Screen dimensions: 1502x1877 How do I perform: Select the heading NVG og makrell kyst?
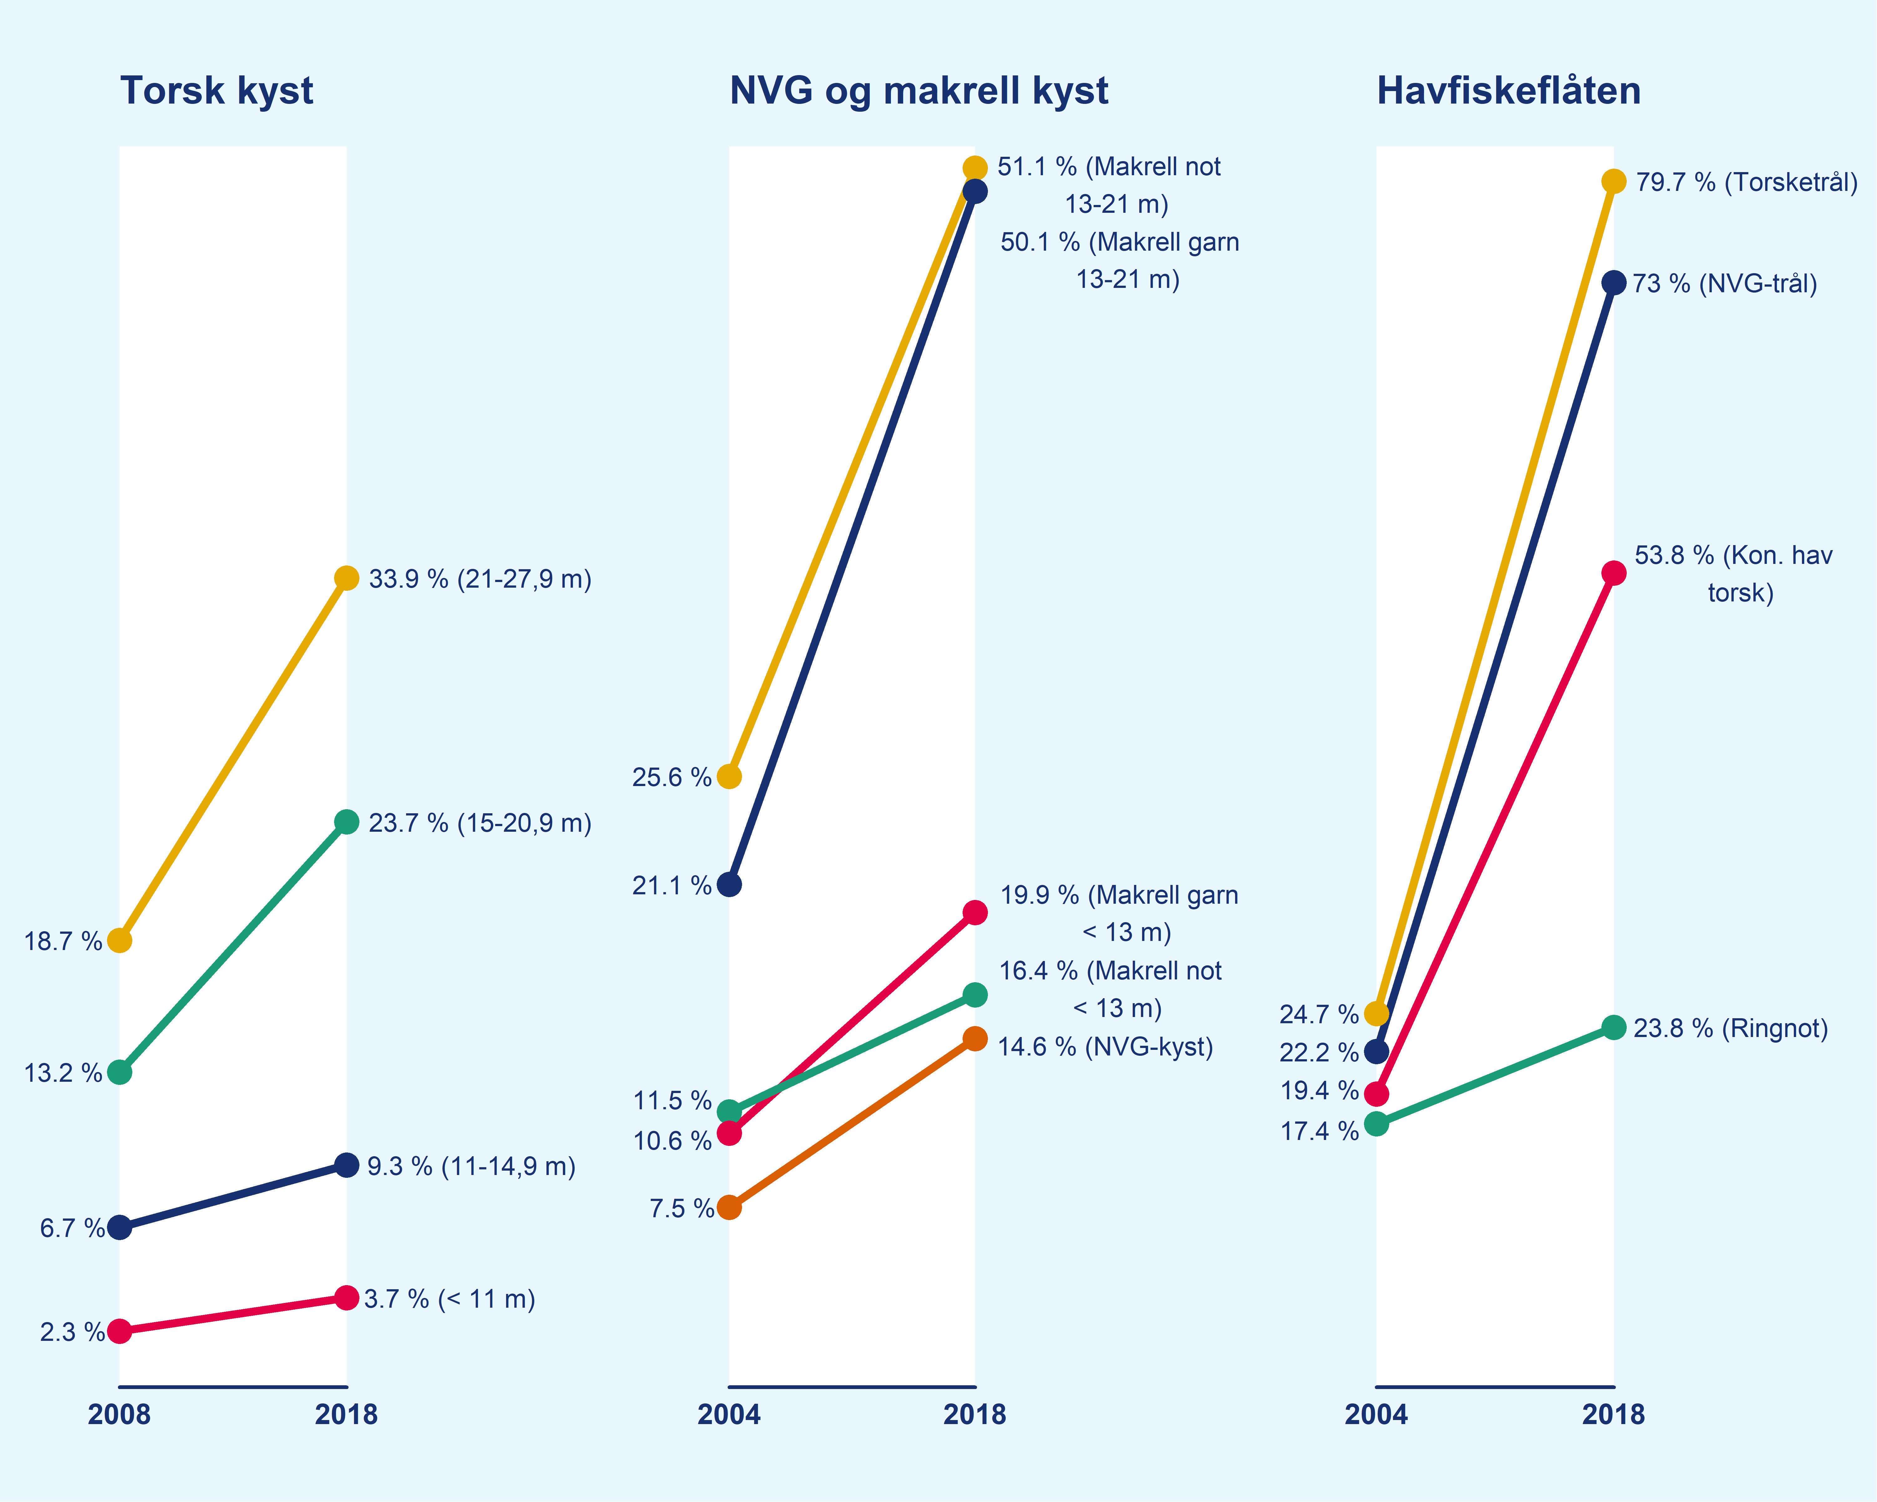tap(918, 90)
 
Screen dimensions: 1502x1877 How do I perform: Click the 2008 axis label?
tap(119, 1414)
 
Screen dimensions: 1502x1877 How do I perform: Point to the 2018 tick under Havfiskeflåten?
tap(1613, 1414)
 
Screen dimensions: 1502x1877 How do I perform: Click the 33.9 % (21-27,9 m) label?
tap(480, 579)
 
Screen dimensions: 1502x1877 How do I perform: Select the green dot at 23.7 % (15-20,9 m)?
tap(347, 822)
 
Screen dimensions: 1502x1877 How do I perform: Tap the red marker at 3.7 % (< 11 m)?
tap(347, 1297)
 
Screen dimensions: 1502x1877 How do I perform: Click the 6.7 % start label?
tap(71, 1229)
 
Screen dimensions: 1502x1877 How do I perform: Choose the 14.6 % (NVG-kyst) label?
tap(1105, 1047)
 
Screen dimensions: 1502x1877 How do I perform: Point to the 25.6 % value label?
tap(671, 777)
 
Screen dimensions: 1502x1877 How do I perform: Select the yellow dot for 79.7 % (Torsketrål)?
tap(1613, 181)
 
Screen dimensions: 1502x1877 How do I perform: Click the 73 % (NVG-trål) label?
tap(1725, 284)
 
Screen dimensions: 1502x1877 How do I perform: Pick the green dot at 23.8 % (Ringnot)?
tap(1613, 1027)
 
